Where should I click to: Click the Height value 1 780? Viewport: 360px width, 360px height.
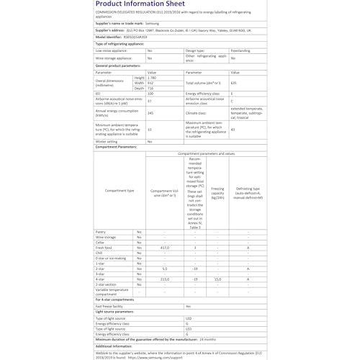(x=152, y=77)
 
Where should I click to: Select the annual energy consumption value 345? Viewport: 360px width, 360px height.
(x=150, y=113)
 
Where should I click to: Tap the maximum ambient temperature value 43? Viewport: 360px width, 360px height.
(x=233, y=129)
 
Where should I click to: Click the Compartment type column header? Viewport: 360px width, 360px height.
(x=120, y=191)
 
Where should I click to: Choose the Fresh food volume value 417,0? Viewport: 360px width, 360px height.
(x=164, y=247)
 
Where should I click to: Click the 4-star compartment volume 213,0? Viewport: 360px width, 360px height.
(x=164, y=279)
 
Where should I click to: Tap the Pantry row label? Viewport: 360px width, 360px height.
(x=101, y=231)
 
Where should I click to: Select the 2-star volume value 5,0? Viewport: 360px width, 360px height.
(x=164, y=268)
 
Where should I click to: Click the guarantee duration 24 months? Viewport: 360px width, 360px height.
(x=208, y=338)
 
